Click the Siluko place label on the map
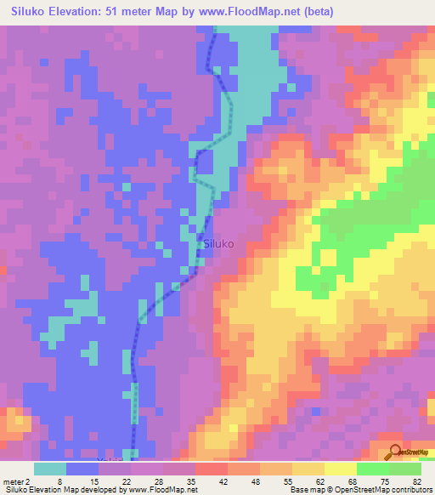[x=218, y=243]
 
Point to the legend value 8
[x=59, y=481]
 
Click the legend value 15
[x=95, y=481]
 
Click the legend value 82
[x=417, y=481]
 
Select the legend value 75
[x=383, y=481]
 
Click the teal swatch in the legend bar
[x=50, y=469]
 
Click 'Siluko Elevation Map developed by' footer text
[x=61, y=490]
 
